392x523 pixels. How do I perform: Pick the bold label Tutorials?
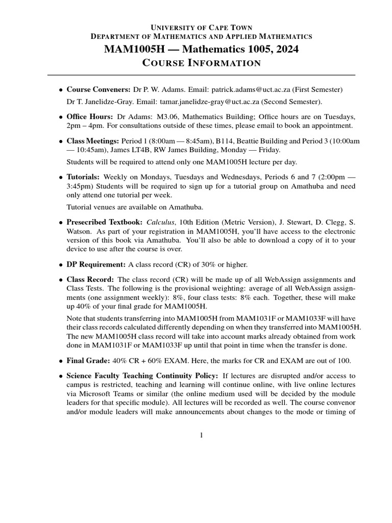[83, 176]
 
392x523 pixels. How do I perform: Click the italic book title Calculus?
[160, 222]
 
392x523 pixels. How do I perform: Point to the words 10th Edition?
[198, 222]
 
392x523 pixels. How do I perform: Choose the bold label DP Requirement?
[96, 264]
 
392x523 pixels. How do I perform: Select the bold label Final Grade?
[88, 360]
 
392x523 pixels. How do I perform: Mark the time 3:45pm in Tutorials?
[79, 185]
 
